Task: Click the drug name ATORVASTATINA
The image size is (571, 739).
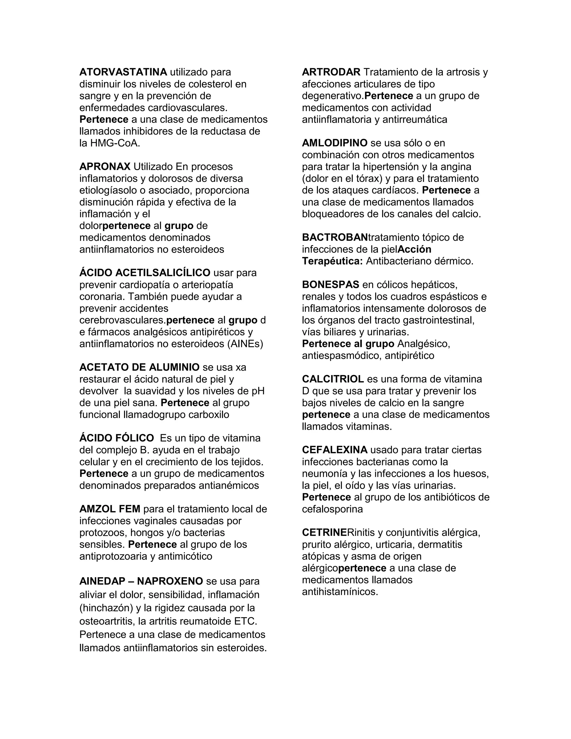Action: point(123,72)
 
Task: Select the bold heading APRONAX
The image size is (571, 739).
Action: point(105,166)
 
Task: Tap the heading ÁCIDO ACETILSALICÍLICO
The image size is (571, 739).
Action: point(145,272)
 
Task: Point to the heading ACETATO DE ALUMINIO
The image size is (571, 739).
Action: point(139,367)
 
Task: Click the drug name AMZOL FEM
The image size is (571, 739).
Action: point(110,509)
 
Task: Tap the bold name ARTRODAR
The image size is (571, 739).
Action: point(331,72)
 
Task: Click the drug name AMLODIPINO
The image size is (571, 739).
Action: point(335,143)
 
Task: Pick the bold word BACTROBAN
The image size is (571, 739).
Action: point(335,237)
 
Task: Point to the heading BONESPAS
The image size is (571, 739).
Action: point(330,284)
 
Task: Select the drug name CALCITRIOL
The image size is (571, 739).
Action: point(333,379)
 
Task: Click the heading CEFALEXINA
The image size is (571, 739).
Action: point(335,450)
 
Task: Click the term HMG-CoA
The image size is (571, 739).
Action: point(115,143)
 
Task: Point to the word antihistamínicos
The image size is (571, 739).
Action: point(340,592)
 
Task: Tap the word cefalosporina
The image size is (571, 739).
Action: point(332,509)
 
